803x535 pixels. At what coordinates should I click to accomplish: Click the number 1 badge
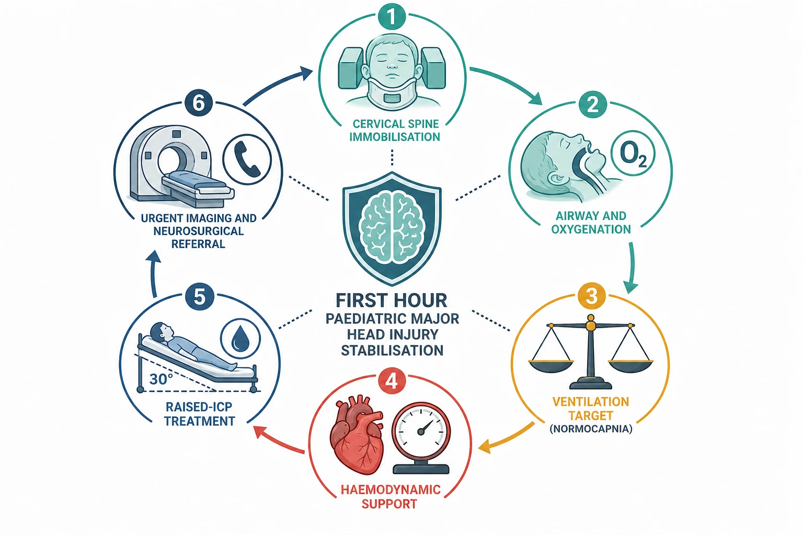[392, 16]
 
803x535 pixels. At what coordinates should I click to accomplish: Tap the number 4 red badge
[392, 380]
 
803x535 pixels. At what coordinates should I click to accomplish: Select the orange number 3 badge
[591, 296]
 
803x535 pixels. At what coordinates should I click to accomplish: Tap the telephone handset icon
[247, 160]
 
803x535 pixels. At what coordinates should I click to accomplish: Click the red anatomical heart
[357, 434]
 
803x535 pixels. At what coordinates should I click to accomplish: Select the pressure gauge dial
[421, 431]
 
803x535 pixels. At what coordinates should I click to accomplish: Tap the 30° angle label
[161, 379]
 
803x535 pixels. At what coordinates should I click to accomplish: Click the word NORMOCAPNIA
[591, 429]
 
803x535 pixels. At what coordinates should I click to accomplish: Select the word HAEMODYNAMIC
[391, 490]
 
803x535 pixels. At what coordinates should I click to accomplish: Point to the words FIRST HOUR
[392, 300]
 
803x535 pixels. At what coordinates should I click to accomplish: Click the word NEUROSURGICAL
[199, 231]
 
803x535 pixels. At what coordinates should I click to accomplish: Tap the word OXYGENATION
[591, 229]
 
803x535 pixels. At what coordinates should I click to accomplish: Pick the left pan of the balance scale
[551, 366]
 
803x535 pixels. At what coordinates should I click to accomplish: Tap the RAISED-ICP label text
[199, 407]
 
